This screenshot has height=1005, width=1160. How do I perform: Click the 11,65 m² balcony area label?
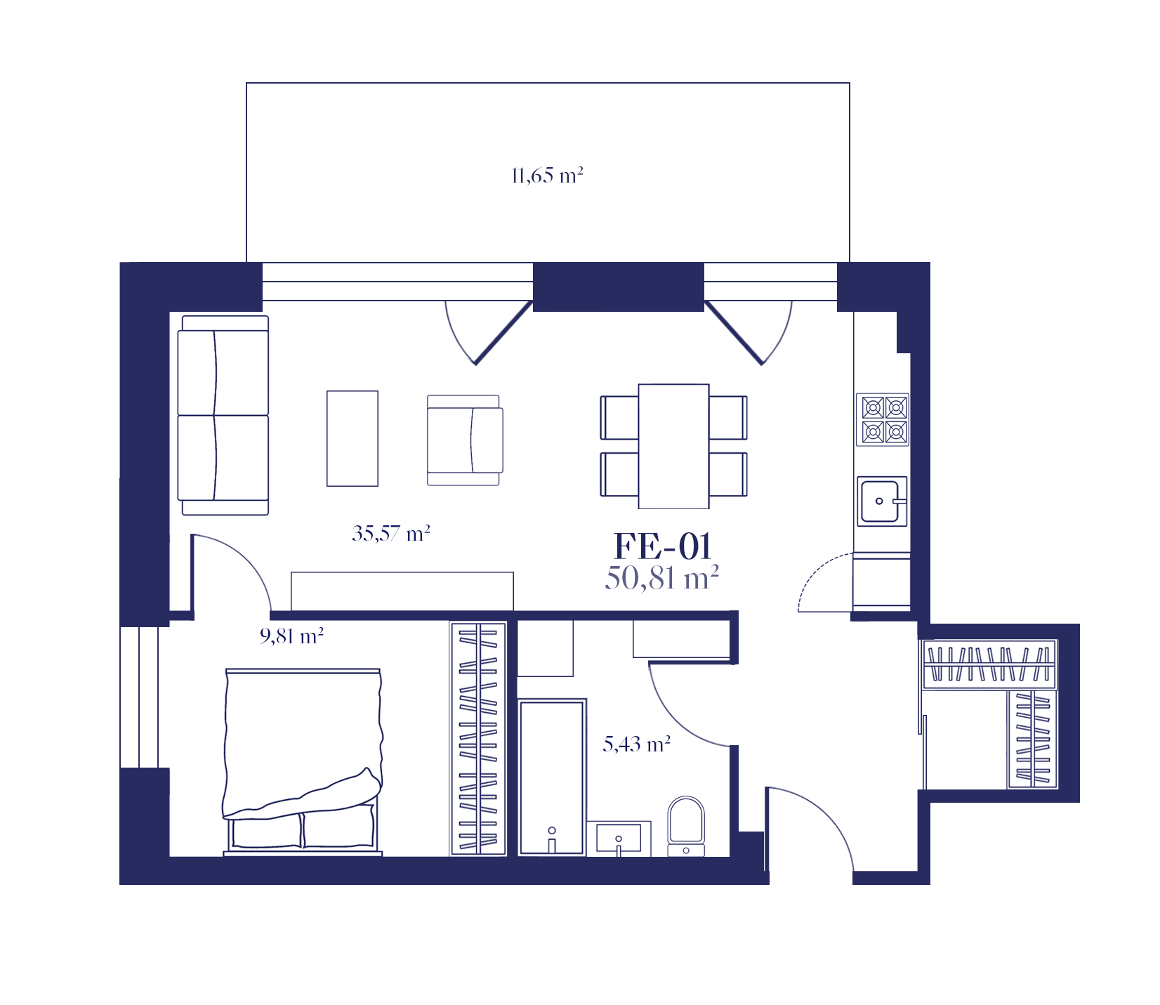548,175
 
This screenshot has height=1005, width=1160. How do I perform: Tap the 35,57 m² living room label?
391,534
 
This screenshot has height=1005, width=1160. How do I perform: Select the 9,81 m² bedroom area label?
291,636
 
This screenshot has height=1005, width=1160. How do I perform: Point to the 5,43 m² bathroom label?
637,744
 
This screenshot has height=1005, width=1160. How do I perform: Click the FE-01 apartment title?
663,546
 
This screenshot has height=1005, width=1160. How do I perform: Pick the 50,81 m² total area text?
662,578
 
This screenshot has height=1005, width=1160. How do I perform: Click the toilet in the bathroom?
685,826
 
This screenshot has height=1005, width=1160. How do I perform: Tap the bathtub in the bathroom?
552,777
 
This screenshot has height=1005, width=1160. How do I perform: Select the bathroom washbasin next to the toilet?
619,839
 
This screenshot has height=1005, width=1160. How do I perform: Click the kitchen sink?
882,501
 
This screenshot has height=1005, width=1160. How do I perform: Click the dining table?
673,446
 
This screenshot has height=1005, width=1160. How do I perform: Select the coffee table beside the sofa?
352,438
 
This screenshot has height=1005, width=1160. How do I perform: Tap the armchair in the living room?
465,440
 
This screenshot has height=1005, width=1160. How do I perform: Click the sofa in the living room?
223,415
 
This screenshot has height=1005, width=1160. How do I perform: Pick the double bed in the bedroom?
303,762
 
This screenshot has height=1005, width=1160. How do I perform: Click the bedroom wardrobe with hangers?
478,739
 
